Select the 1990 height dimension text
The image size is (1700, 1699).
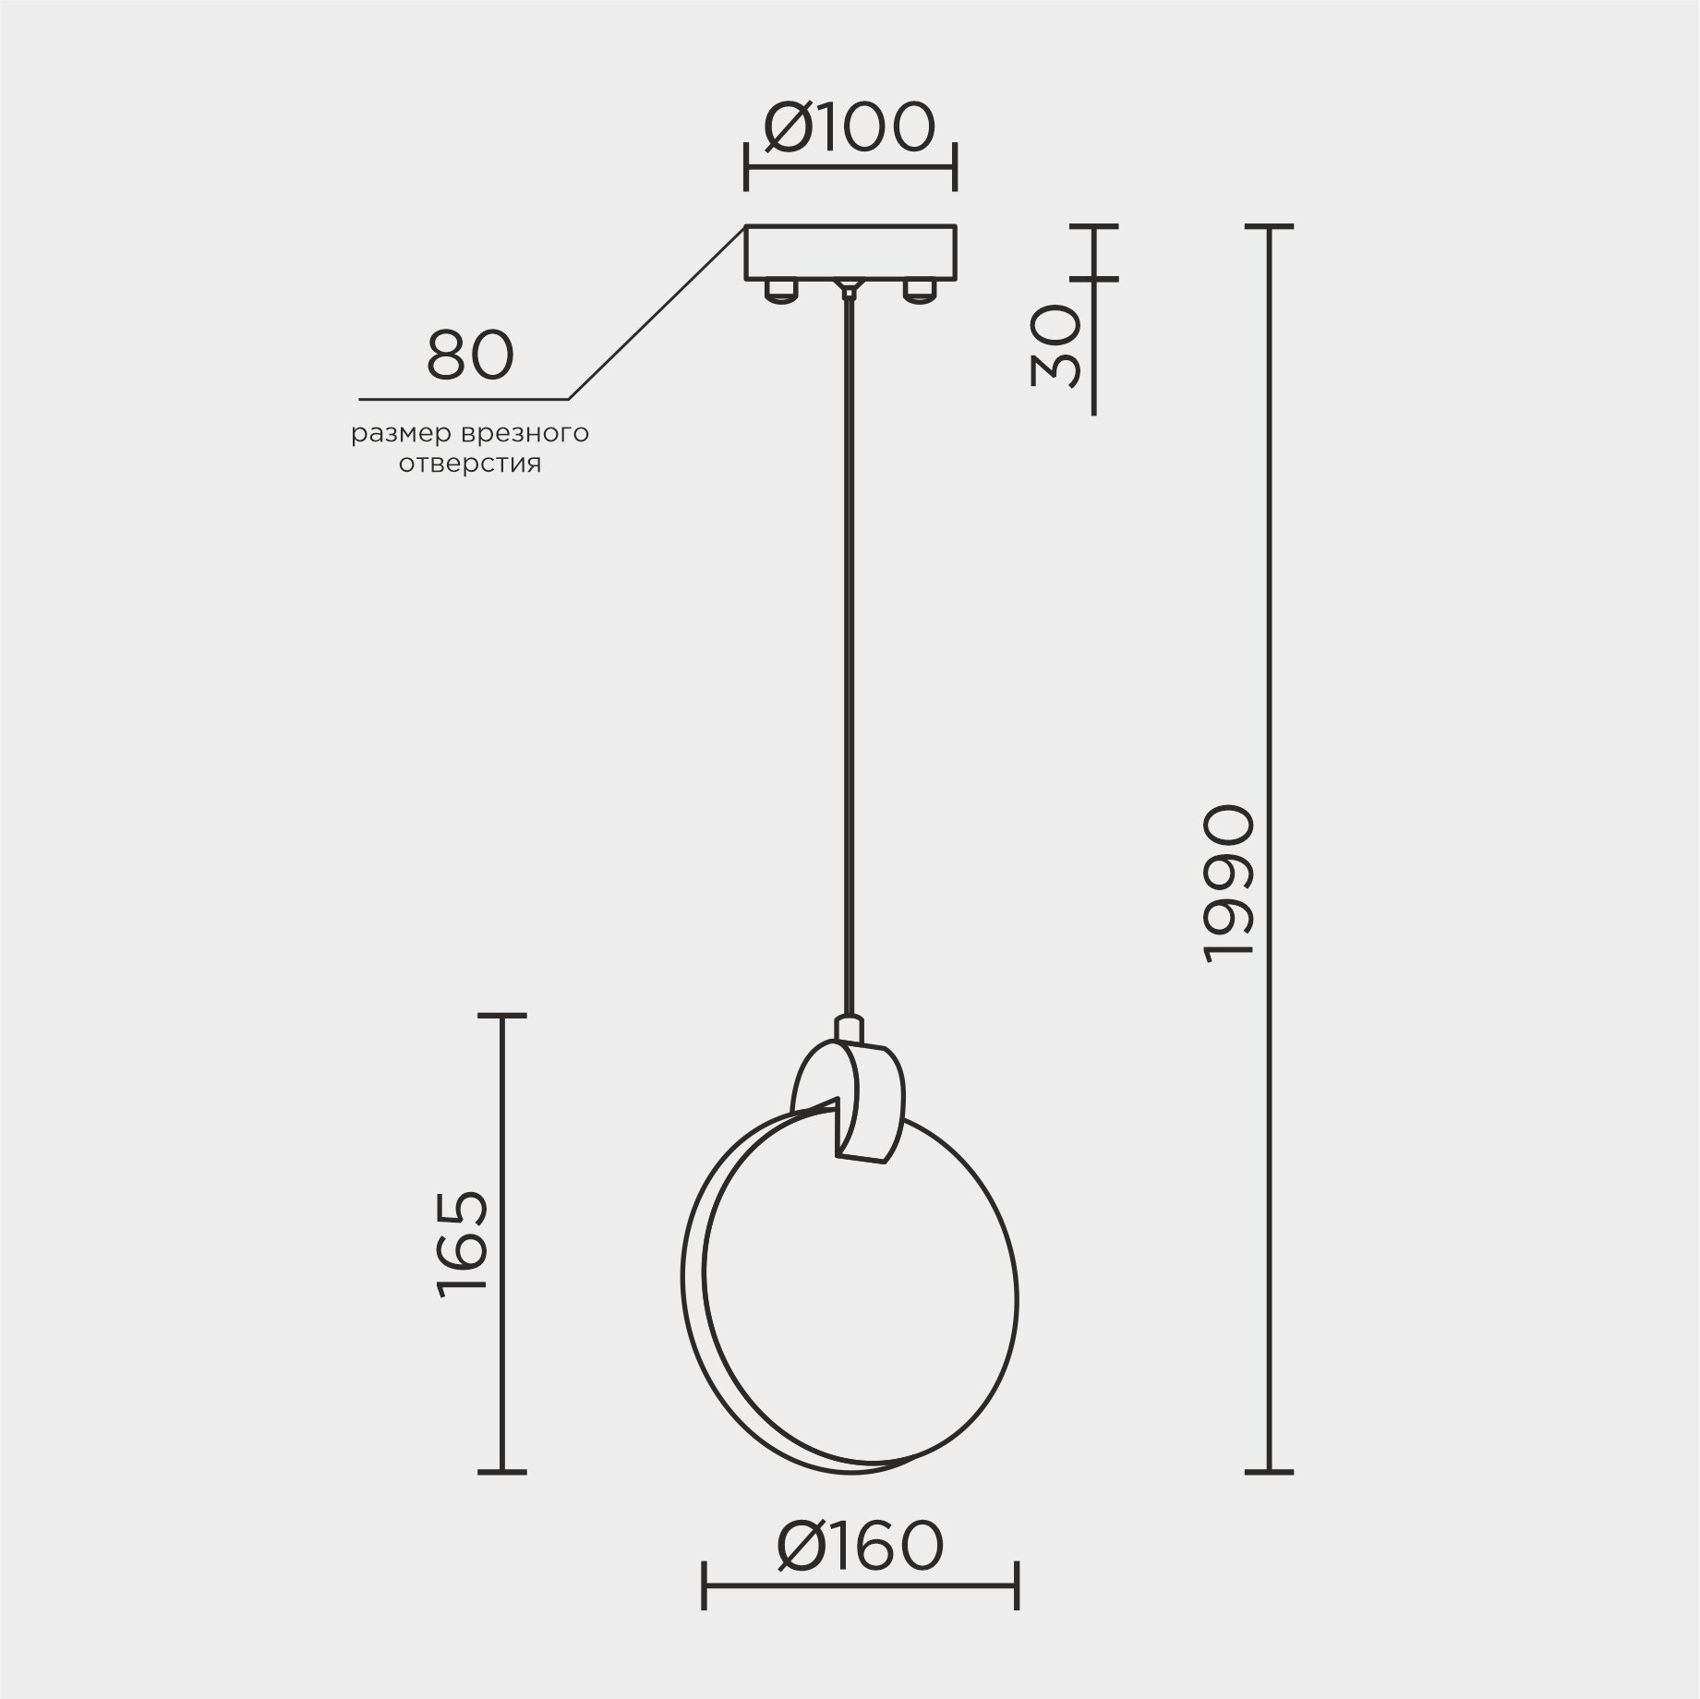[x=1230, y=884]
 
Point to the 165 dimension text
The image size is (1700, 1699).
[x=462, y=1244]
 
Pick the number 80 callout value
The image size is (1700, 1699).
[x=469, y=355]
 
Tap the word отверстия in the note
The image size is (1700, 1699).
[x=470, y=464]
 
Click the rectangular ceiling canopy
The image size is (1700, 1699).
[x=850, y=252]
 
